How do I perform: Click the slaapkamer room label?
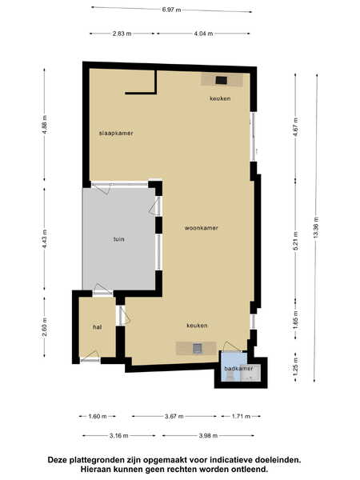(x=116, y=133)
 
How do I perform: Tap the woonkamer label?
(x=201, y=228)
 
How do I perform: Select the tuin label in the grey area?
(x=118, y=239)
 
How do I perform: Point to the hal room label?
(x=98, y=327)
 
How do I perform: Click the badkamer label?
(x=238, y=368)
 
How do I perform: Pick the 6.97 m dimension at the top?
(x=171, y=10)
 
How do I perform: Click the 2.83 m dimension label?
(x=122, y=34)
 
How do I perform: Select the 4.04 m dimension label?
(x=203, y=34)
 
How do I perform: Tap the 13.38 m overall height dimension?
(x=316, y=227)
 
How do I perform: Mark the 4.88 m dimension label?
(x=45, y=124)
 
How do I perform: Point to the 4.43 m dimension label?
(x=45, y=239)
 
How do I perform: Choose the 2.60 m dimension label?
(x=45, y=327)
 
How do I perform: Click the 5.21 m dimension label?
(x=296, y=241)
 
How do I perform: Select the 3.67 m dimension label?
(x=174, y=416)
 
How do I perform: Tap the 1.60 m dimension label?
(x=98, y=416)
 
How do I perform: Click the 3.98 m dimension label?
(x=208, y=436)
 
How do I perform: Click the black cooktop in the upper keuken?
(x=221, y=80)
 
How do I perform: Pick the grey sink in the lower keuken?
(x=198, y=348)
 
